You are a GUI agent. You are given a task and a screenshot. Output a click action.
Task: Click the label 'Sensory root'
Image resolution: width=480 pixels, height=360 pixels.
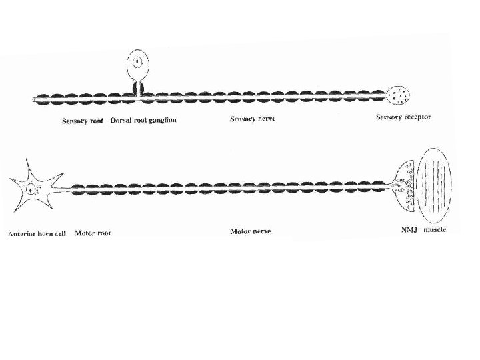pyautogui.click(x=82, y=121)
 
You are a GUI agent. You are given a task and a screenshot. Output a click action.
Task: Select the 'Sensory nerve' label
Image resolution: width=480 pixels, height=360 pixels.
pyautogui.click(x=253, y=119)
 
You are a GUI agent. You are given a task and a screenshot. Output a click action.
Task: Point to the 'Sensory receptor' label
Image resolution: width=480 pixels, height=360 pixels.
pyautogui.click(x=404, y=117)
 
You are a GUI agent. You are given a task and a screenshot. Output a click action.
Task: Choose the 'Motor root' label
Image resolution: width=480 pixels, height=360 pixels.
pyautogui.click(x=93, y=233)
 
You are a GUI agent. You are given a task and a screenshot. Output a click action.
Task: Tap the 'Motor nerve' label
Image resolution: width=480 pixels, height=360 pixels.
pyautogui.click(x=251, y=232)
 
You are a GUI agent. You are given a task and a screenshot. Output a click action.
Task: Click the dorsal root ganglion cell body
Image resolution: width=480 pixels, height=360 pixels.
pyautogui.click(x=137, y=64)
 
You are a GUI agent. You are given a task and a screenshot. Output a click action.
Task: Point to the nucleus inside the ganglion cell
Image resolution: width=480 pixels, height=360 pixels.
pyautogui.click(x=137, y=63)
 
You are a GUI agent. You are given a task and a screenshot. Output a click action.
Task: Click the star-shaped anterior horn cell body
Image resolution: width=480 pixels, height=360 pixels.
pyautogui.click(x=33, y=189)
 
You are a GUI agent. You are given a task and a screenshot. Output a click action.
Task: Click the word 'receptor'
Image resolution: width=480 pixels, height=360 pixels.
pyautogui.click(x=417, y=117)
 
